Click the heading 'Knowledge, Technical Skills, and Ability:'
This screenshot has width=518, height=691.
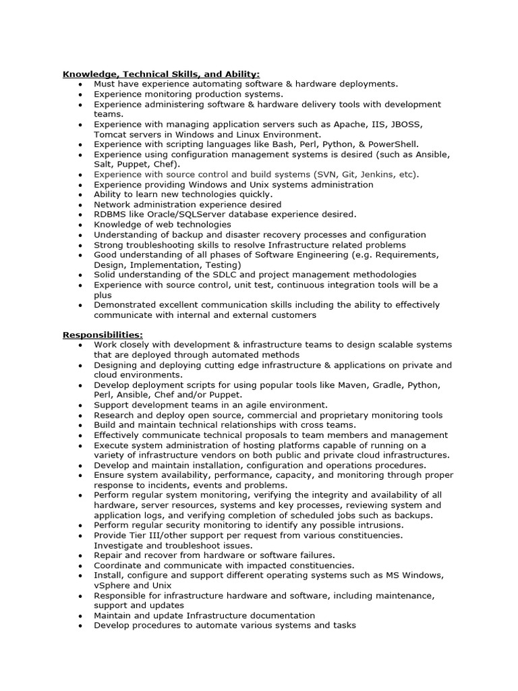[161, 74]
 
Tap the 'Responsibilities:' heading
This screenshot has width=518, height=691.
[103, 335]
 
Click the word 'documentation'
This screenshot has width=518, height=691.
[275, 615]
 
